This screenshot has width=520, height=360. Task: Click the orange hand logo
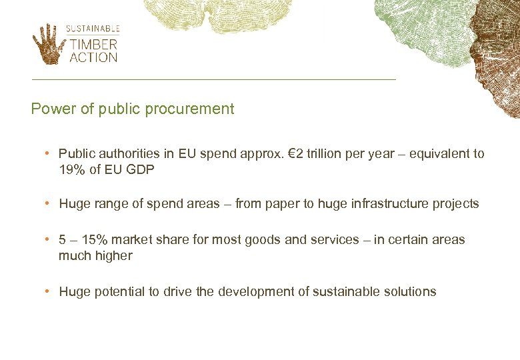click(x=47, y=44)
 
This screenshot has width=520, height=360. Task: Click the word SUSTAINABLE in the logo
click(x=93, y=29)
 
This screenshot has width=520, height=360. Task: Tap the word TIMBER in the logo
click(x=94, y=45)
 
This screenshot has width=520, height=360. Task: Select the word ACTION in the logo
click(x=94, y=57)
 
